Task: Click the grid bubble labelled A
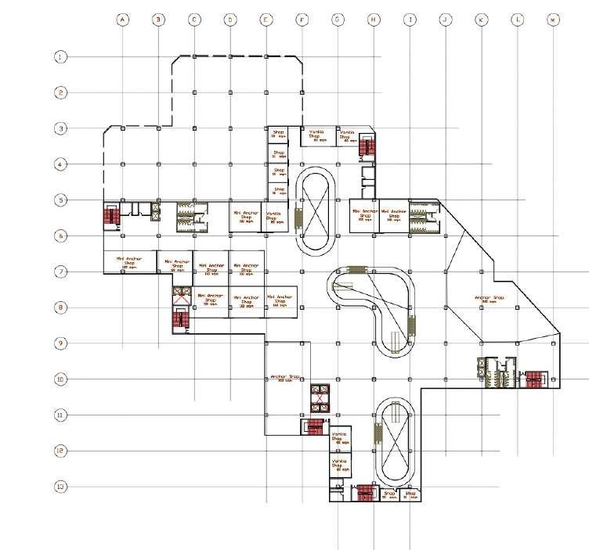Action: [x=122, y=19]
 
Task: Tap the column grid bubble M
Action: [x=554, y=19]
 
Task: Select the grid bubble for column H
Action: [x=374, y=19]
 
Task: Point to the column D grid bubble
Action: [x=229, y=19]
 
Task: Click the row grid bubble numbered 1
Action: [x=60, y=57]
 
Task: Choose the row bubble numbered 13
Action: [x=60, y=487]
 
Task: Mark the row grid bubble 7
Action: [x=60, y=271]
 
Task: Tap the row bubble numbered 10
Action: [x=60, y=379]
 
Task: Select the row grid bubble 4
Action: [x=60, y=164]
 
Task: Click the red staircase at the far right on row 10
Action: [x=535, y=380]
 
